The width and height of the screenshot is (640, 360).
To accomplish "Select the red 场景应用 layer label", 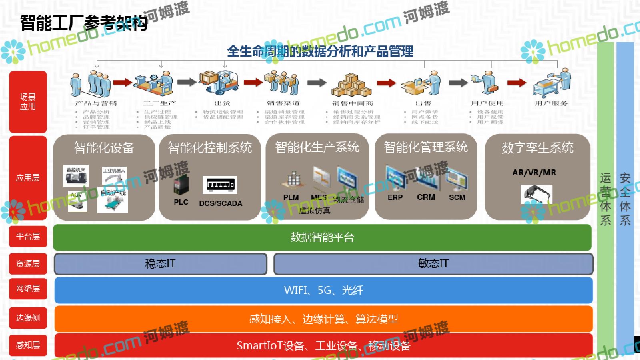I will (28, 102).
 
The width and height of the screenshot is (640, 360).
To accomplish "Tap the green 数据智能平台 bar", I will (322, 237).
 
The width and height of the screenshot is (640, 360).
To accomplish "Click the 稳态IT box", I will (160, 264).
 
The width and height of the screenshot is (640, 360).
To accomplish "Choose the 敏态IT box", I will (433, 264).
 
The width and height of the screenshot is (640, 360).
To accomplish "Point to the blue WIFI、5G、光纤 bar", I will (323, 290).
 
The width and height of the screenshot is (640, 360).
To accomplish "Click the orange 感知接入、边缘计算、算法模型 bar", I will (323, 319).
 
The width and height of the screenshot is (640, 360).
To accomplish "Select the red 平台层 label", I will (28, 236).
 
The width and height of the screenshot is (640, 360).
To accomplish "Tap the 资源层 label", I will (28, 264).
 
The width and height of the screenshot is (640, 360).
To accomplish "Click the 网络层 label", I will (28, 288).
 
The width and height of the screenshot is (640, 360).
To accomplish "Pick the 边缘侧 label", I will (28, 318).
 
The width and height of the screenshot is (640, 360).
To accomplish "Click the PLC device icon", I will (180, 185).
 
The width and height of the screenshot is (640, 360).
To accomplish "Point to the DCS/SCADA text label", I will (220, 203).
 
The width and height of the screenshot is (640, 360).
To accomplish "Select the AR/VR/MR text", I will (534, 172).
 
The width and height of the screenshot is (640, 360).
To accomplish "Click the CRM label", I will (426, 197).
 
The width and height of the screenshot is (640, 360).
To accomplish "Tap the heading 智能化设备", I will (104, 148).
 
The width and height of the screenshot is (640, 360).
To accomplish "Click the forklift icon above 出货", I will (218, 82).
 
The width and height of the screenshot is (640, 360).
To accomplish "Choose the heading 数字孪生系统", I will (537, 148).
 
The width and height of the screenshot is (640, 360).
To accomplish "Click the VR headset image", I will (536, 194).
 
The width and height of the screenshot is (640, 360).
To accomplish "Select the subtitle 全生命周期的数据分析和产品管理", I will (320, 51).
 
